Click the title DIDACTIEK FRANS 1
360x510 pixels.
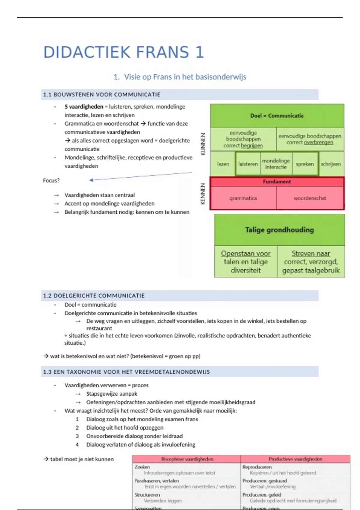pos(124,52)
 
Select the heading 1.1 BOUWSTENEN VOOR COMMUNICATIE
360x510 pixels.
pos(102,94)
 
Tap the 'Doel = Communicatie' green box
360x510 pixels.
pos(277,116)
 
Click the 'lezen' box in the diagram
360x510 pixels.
pos(223,164)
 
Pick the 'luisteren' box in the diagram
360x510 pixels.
pos(248,164)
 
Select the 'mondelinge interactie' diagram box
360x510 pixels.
pos(276,164)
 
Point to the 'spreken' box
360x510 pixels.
pos(304,164)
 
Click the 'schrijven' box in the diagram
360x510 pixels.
pos(331,164)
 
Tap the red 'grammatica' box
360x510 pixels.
pos(243,198)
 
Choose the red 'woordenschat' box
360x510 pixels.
pos(310,198)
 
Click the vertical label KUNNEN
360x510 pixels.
pos(203,144)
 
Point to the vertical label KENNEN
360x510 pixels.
pos(203,194)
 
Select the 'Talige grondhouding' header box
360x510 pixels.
pos(279,230)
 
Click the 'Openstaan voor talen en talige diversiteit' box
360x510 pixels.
pos(246,262)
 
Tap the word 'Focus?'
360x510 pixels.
pos(51,181)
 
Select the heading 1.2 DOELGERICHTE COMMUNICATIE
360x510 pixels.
pos(94,295)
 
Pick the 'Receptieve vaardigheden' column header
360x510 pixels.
pos(187,459)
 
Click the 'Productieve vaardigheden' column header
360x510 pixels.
pos(295,459)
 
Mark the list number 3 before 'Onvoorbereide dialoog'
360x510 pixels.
pos(77,436)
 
